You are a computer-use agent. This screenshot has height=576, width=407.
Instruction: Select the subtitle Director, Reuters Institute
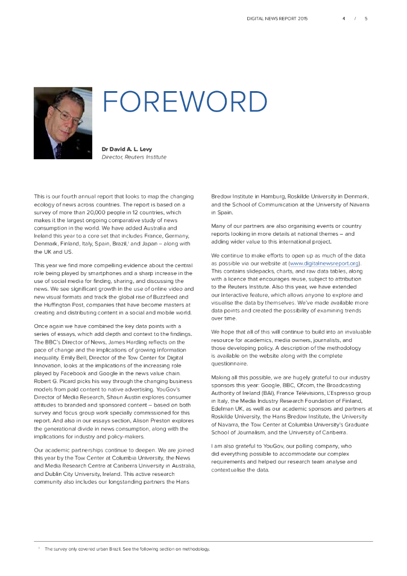[x=134, y=157]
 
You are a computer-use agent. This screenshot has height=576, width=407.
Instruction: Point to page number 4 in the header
[x=343, y=19]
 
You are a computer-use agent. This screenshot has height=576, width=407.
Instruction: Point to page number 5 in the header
[x=365, y=19]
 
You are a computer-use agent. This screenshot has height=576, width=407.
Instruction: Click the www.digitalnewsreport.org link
[x=323, y=263]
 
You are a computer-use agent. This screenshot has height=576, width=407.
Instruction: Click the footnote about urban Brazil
[x=126, y=549]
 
